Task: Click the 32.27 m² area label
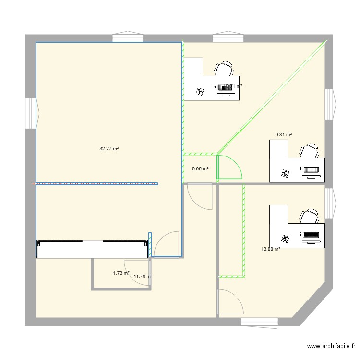(109, 149)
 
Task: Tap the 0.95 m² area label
(200, 169)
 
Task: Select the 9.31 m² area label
(283, 135)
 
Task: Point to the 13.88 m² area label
(270, 249)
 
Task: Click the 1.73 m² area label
(121, 273)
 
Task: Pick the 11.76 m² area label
(143, 276)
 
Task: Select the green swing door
(228, 167)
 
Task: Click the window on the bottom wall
(259, 322)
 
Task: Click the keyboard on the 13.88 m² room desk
(310, 235)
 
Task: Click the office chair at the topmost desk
(224, 69)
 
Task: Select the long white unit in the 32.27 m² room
(92, 249)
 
